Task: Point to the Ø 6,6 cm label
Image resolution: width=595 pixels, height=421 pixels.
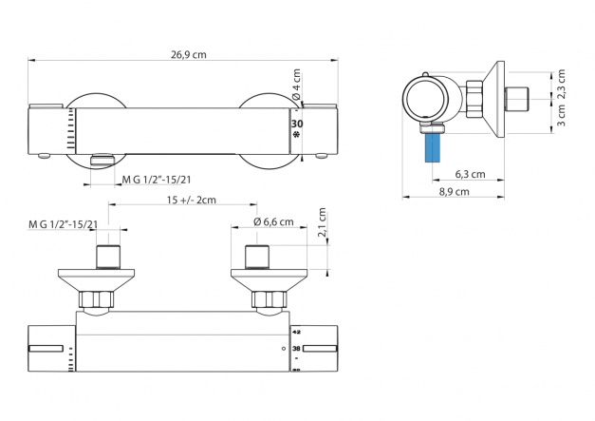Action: point(273,222)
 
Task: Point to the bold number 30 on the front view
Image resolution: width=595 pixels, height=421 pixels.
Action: point(296,124)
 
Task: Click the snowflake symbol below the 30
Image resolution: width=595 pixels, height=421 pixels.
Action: point(296,136)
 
